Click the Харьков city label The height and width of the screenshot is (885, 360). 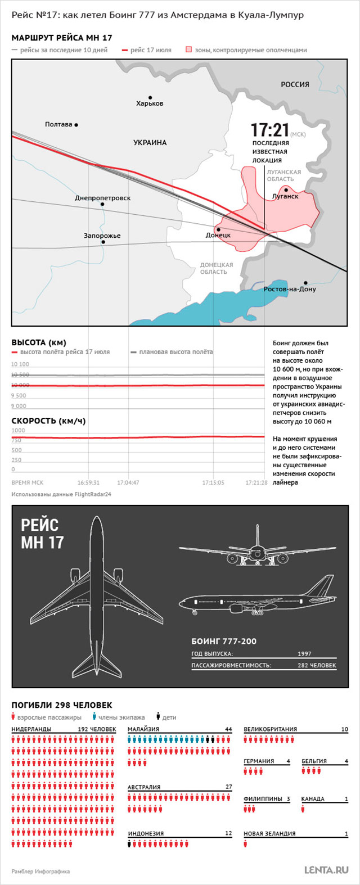pos(150,103)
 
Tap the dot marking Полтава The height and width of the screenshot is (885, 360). pos(76,125)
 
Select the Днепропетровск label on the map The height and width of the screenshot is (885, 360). pos(102,198)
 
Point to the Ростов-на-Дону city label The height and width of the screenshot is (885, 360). pos(290,289)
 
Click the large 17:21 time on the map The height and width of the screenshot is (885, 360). pos(269,130)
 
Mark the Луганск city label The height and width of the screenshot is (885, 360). pos(285,196)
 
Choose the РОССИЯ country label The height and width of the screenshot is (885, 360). pos(295,84)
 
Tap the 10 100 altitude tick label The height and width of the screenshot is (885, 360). pos(20,364)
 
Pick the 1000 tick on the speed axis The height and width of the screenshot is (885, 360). pos(18,431)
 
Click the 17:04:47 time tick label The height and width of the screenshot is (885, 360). pos(128,482)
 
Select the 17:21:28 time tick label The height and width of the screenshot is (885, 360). pos(256,482)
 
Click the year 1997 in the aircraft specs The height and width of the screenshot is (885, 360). pos(304,654)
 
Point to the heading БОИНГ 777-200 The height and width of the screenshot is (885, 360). pos(224,641)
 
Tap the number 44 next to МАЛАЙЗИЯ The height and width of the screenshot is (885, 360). pos(228,729)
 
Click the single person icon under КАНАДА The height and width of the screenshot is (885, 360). pos(303,809)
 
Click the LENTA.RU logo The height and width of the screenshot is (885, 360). pos(326,870)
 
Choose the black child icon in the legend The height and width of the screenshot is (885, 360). pos(158,717)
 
